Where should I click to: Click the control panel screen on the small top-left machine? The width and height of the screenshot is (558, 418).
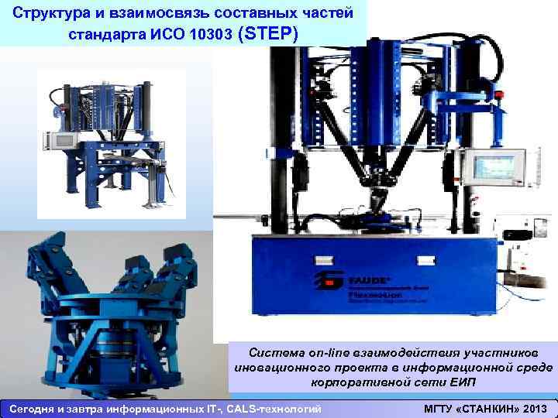[60, 141]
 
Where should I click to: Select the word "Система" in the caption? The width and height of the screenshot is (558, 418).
[284, 352]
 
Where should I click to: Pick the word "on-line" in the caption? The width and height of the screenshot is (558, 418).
[334, 352]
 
